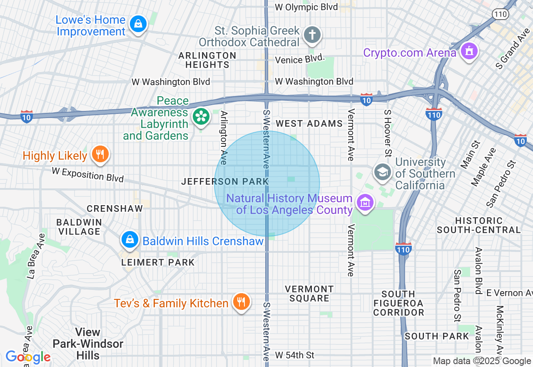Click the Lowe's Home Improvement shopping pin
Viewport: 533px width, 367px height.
(x=138, y=24)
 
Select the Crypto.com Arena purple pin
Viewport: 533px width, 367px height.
(x=469, y=51)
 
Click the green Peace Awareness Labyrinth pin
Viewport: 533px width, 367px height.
(x=202, y=117)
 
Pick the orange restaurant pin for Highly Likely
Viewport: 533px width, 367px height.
(x=100, y=154)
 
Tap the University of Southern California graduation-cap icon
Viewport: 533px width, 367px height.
(x=382, y=172)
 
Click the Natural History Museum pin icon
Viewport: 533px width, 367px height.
(x=365, y=203)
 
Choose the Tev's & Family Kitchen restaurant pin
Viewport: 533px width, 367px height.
(x=241, y=302)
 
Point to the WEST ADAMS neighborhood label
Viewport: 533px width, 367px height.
(x=309, y=123)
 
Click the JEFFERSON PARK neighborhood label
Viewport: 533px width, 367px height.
(x=225, y=181)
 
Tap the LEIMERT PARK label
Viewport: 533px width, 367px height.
(x=158, y=262)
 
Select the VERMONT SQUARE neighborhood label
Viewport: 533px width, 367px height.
(x=309, y=294)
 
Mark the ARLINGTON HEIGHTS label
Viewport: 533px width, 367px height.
(x=207, y=60)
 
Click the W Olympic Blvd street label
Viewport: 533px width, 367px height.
(x=306, y=7)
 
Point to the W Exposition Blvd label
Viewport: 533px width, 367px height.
(x=88, y=174)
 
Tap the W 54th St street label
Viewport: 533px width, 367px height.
(x=295, y=355)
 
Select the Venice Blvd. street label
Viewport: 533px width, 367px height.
(x=299, y=60)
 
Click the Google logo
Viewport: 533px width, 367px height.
(x=28, y=357)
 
